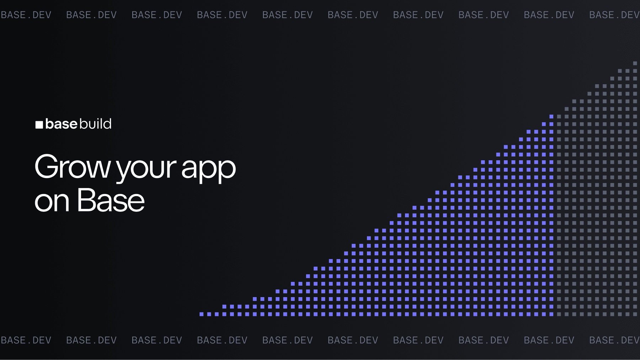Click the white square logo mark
39,125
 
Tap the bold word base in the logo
61,124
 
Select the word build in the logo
95,124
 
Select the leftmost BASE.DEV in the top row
26,15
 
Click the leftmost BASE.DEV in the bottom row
26,340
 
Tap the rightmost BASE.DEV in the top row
614,15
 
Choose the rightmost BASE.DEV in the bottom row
614,340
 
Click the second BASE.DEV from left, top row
91,15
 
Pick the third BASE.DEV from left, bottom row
157,340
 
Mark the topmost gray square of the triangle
635,63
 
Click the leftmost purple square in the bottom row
201,314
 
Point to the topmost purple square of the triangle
551,117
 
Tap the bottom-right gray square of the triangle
635,314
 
